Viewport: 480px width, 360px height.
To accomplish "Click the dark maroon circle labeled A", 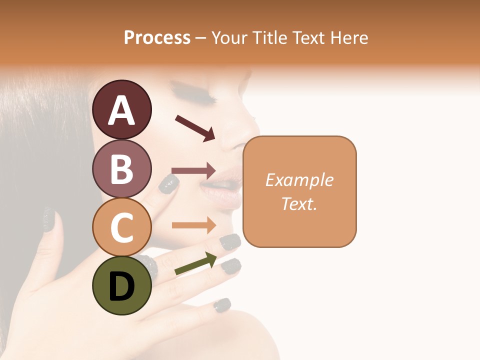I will (122, 109).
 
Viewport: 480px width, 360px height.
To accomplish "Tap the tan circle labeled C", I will (122, 227).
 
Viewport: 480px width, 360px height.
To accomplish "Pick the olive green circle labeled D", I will (122, 285).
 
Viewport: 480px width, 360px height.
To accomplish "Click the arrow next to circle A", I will (194, 127).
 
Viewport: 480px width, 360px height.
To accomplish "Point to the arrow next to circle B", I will (193, 170).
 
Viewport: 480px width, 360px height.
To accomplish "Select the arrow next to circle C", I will (193, 225).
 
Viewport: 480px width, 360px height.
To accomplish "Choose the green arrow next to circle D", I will (195, 264).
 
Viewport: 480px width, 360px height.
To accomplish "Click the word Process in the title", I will (157, 37).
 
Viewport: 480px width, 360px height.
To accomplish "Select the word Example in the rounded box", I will (299, 180).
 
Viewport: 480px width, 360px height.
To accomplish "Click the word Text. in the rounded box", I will (299, 203).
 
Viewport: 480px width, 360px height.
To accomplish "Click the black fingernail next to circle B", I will (168, 183).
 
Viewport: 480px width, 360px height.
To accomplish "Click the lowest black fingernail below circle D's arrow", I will (222, 304).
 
